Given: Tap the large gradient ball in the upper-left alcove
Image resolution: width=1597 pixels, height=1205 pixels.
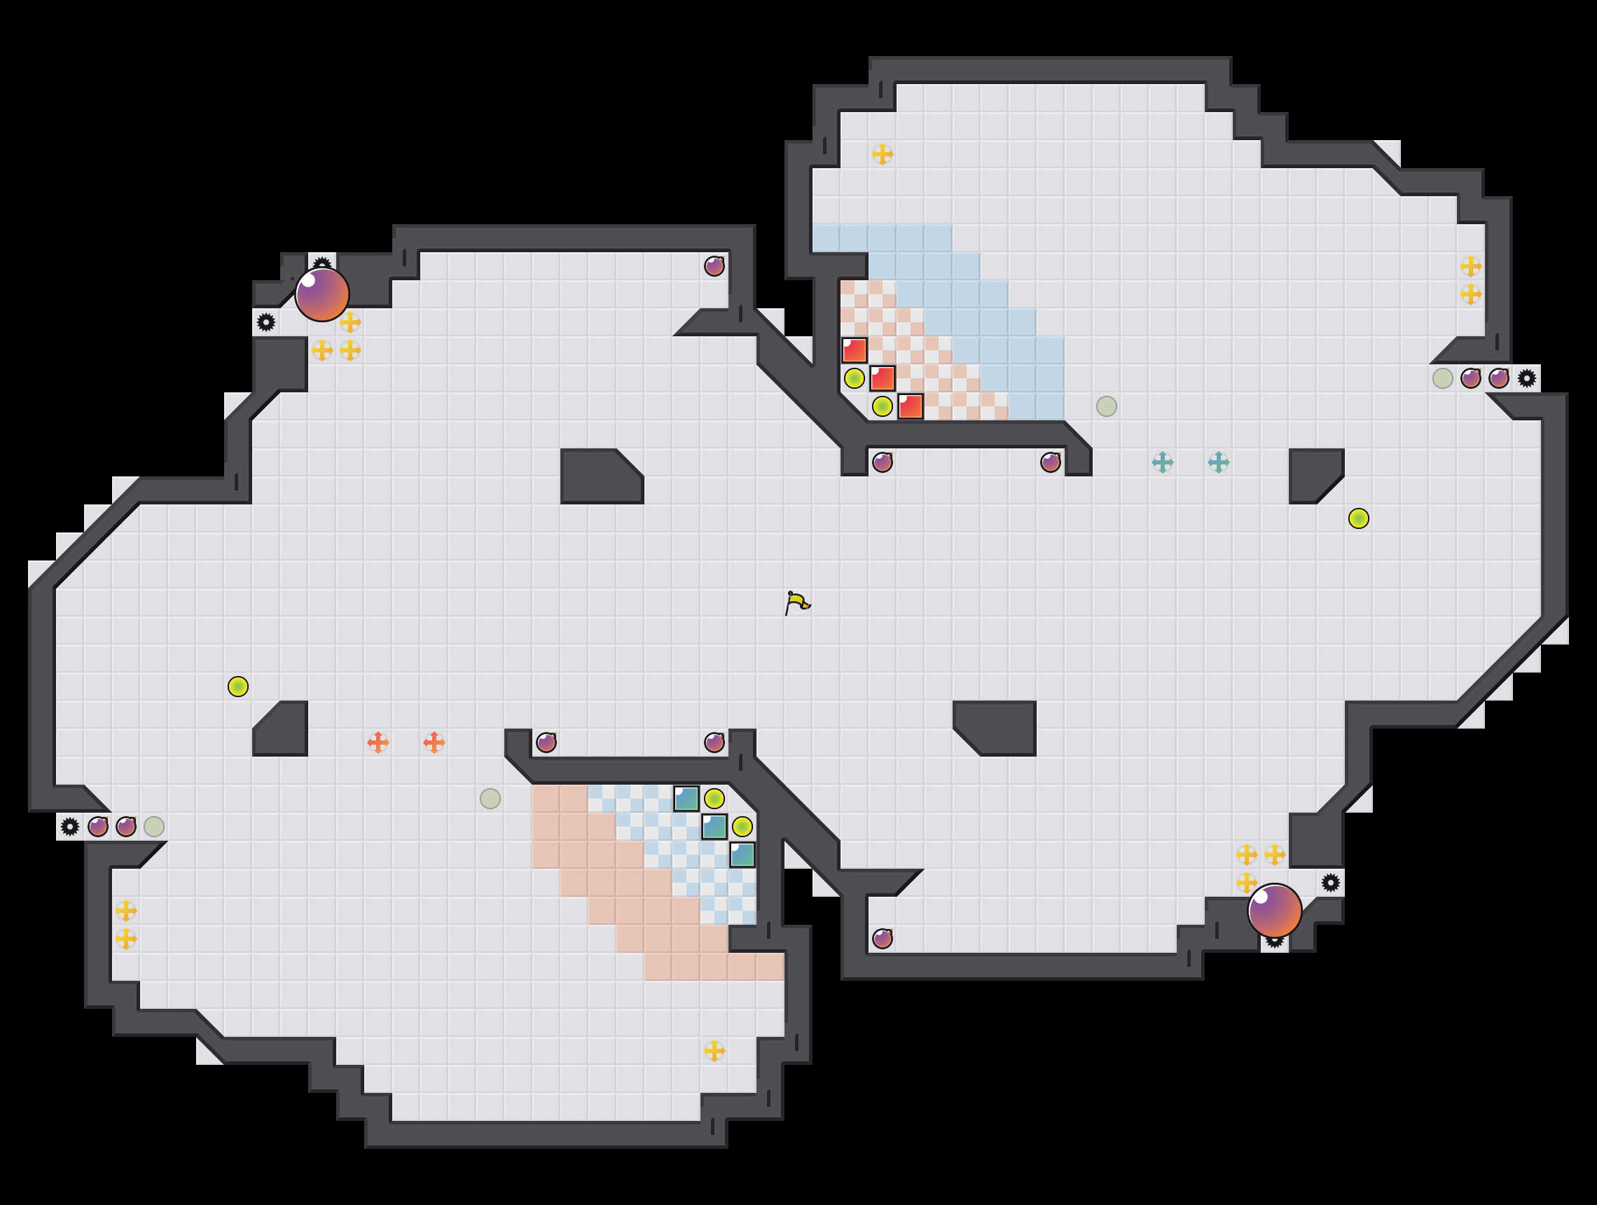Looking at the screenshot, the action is (x=322, y=294).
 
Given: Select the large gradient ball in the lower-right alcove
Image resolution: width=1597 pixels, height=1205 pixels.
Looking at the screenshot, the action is (x=1274, y=911).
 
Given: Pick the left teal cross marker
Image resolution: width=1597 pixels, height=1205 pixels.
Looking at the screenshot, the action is (x=1162, y=462).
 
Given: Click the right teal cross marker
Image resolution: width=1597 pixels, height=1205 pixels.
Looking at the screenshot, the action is (x=1219, y=462).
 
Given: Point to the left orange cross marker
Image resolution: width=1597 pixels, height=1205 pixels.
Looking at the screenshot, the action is (x=378, y=742).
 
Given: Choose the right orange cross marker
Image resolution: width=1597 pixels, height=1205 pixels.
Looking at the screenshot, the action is (x=434, y=742).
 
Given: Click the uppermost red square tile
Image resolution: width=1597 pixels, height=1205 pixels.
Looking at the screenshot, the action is (x=854, y=350).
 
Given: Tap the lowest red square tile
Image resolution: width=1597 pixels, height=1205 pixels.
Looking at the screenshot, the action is (x=911, y=406).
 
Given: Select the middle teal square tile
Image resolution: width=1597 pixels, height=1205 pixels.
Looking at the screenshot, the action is (x=714, y=827).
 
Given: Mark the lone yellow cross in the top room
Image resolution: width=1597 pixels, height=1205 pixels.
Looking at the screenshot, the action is (x=883, y=154).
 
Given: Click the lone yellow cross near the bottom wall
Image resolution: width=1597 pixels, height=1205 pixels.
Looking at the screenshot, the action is (x=714, y=1050).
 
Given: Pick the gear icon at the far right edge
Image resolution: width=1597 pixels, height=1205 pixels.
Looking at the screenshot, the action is (x=1526, y=378).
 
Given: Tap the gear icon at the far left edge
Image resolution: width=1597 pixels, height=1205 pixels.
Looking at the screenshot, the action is (x=70, y=827).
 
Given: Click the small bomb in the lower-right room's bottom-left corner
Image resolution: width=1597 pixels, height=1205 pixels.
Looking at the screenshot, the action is (x=883, y=939).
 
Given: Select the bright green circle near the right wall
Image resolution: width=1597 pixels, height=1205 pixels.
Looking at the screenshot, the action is (x=1359, y=518).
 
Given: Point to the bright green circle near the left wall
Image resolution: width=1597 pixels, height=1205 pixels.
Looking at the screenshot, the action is (x=238, y=687).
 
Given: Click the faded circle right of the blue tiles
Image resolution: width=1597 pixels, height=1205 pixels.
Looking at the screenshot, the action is (x=1107, y=406).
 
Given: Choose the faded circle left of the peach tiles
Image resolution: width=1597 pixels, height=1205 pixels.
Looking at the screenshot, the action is (x=490, y=799).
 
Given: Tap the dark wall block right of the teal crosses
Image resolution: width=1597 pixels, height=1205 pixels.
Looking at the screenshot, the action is (x=1312, y=473).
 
